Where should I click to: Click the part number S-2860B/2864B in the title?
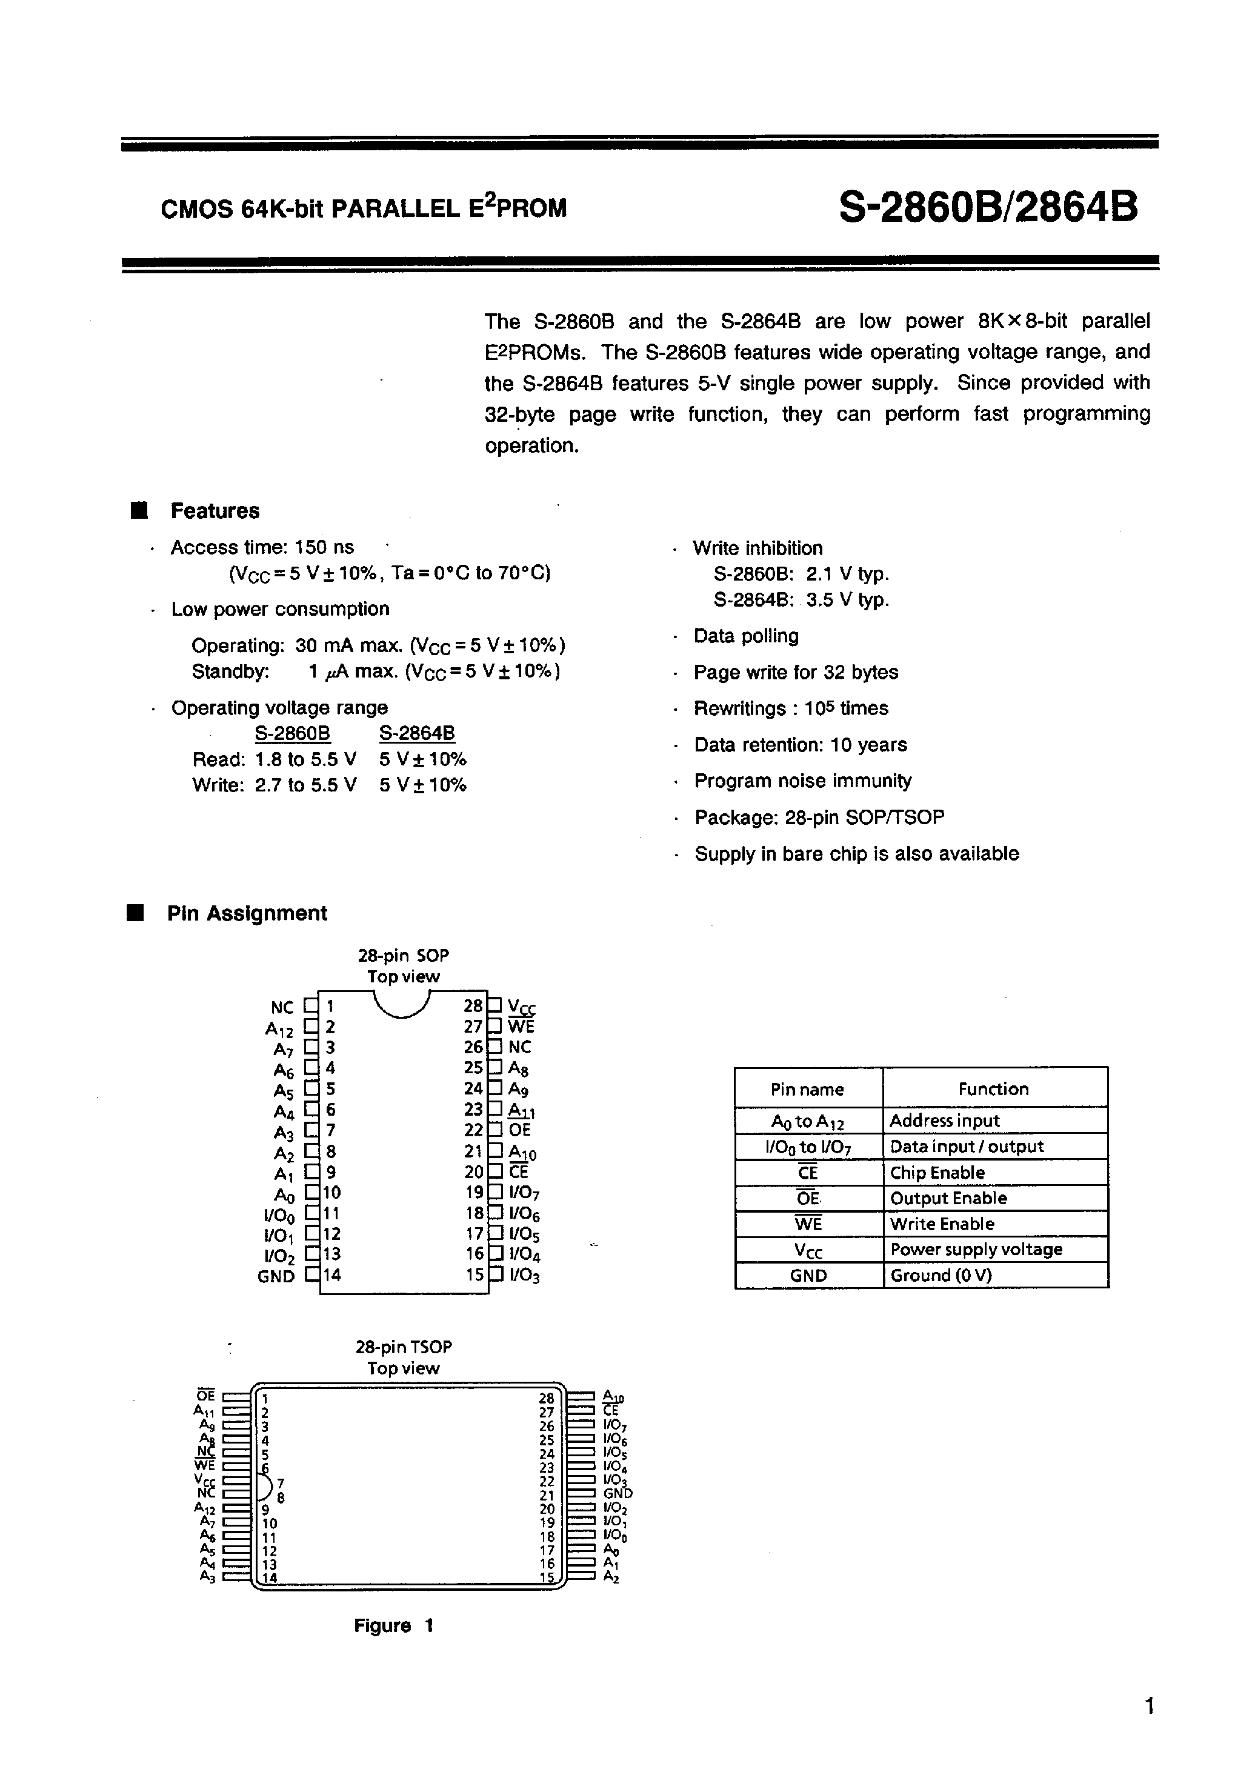click(x=987, y=207)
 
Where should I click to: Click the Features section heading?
click(x=215, y=511)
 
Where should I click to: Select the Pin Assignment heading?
click(x=247, y=913)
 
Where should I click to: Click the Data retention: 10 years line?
click(x=801, y=745)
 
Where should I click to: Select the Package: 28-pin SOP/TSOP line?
click(x=819, y=818)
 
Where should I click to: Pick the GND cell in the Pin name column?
click(x=808, y=1276)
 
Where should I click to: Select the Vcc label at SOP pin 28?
click(x=522, y=1007)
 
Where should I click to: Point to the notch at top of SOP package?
click(x=402, y=1004)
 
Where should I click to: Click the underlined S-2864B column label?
click(x=417, y=733)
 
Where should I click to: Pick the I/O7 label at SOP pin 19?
click(x=524, y=1193)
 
